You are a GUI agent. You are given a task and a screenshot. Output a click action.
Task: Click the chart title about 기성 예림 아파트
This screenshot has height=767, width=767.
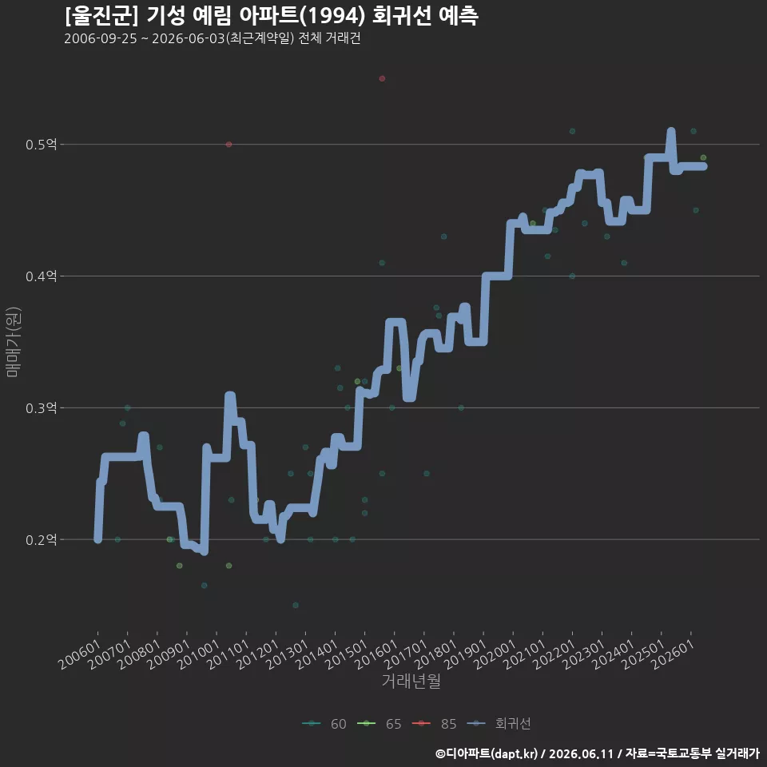pyautogui.click(x=272, y=16)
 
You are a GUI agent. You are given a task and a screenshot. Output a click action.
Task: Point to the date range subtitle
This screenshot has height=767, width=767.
pyautogui.click(x=213, y=38)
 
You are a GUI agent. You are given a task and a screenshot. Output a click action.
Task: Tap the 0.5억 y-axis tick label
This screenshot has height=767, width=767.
pyautogui.click(x=42, y=145)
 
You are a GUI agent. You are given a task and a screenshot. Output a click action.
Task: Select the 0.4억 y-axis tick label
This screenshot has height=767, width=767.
pyautogui.click(x=42, y=276)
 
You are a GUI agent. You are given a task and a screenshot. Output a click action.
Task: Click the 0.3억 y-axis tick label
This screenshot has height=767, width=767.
pyautogui.click(x=42, y=408)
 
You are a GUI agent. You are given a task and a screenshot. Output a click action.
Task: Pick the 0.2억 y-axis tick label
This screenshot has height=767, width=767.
pyautogui.click(x=42, y=539)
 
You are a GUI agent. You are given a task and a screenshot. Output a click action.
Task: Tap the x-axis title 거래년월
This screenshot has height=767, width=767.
pyautogui.click(x=411, y=681)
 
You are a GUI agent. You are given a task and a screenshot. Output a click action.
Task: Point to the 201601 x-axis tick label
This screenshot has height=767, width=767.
pyautogui.click(x=376, y=654)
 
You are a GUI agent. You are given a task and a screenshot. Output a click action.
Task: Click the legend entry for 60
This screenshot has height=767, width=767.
pyautogui.click(x=324, y=724)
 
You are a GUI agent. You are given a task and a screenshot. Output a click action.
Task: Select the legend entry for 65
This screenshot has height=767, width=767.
pyautogui.click(x=380, y=724)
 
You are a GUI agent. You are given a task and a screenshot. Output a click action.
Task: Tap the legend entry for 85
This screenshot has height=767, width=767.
pyautogui.click(x=435, y=724)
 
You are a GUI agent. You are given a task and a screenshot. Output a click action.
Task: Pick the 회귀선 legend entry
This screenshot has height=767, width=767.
pyautogui.click(x=499, y=724)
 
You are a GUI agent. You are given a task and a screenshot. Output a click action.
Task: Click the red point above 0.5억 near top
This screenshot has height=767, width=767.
pyautogui.click(x=382, y=79)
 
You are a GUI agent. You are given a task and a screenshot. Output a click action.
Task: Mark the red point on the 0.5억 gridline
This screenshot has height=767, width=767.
pyautogui.click(x=229, y=145)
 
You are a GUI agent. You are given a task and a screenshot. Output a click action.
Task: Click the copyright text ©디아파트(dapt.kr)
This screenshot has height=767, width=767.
pyautogui.click(x=487, y=753)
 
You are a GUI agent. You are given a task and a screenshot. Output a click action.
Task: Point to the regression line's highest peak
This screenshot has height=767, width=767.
pyautogui.click(x=671, y=131)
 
